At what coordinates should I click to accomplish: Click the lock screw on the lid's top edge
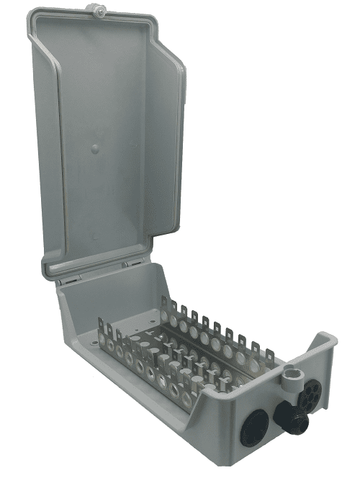coord(95,9)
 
